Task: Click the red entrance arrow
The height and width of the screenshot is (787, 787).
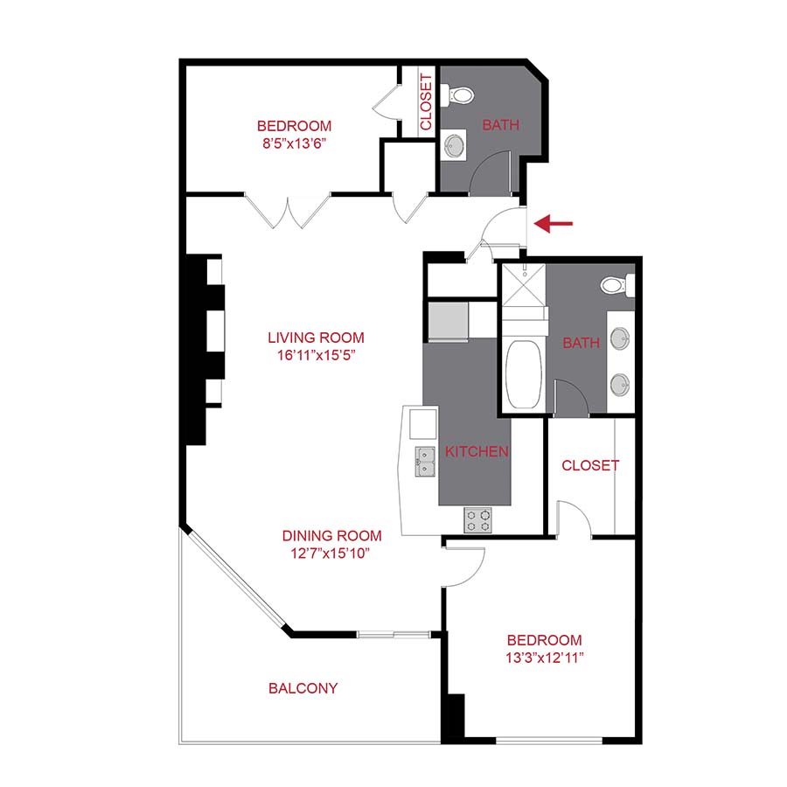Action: [554, 224]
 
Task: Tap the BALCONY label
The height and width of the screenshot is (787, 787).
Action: [303, 688]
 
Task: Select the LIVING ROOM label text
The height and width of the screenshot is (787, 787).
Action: [316, 338]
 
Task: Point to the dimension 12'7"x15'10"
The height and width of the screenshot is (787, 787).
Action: [331, 553]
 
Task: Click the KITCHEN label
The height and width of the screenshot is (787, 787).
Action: [477, 452]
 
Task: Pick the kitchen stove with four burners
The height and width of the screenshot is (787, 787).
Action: [477, 520]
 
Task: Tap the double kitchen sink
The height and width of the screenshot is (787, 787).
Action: [425, 461]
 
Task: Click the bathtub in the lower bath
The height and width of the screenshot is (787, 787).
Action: [522, 374]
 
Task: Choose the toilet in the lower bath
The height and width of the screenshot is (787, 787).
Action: [614, 284]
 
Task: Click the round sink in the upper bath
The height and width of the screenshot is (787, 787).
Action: [455, 144]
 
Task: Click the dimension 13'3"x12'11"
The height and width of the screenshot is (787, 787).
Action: [542, 658]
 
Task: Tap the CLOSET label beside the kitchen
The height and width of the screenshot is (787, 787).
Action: [590, 465]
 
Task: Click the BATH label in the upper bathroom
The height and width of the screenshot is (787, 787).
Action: [501, 125]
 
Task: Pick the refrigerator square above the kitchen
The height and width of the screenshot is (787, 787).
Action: [448, 320]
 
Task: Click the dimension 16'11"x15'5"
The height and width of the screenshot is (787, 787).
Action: [316, 355]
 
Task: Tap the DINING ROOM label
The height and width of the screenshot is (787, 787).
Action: [331, 536]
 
